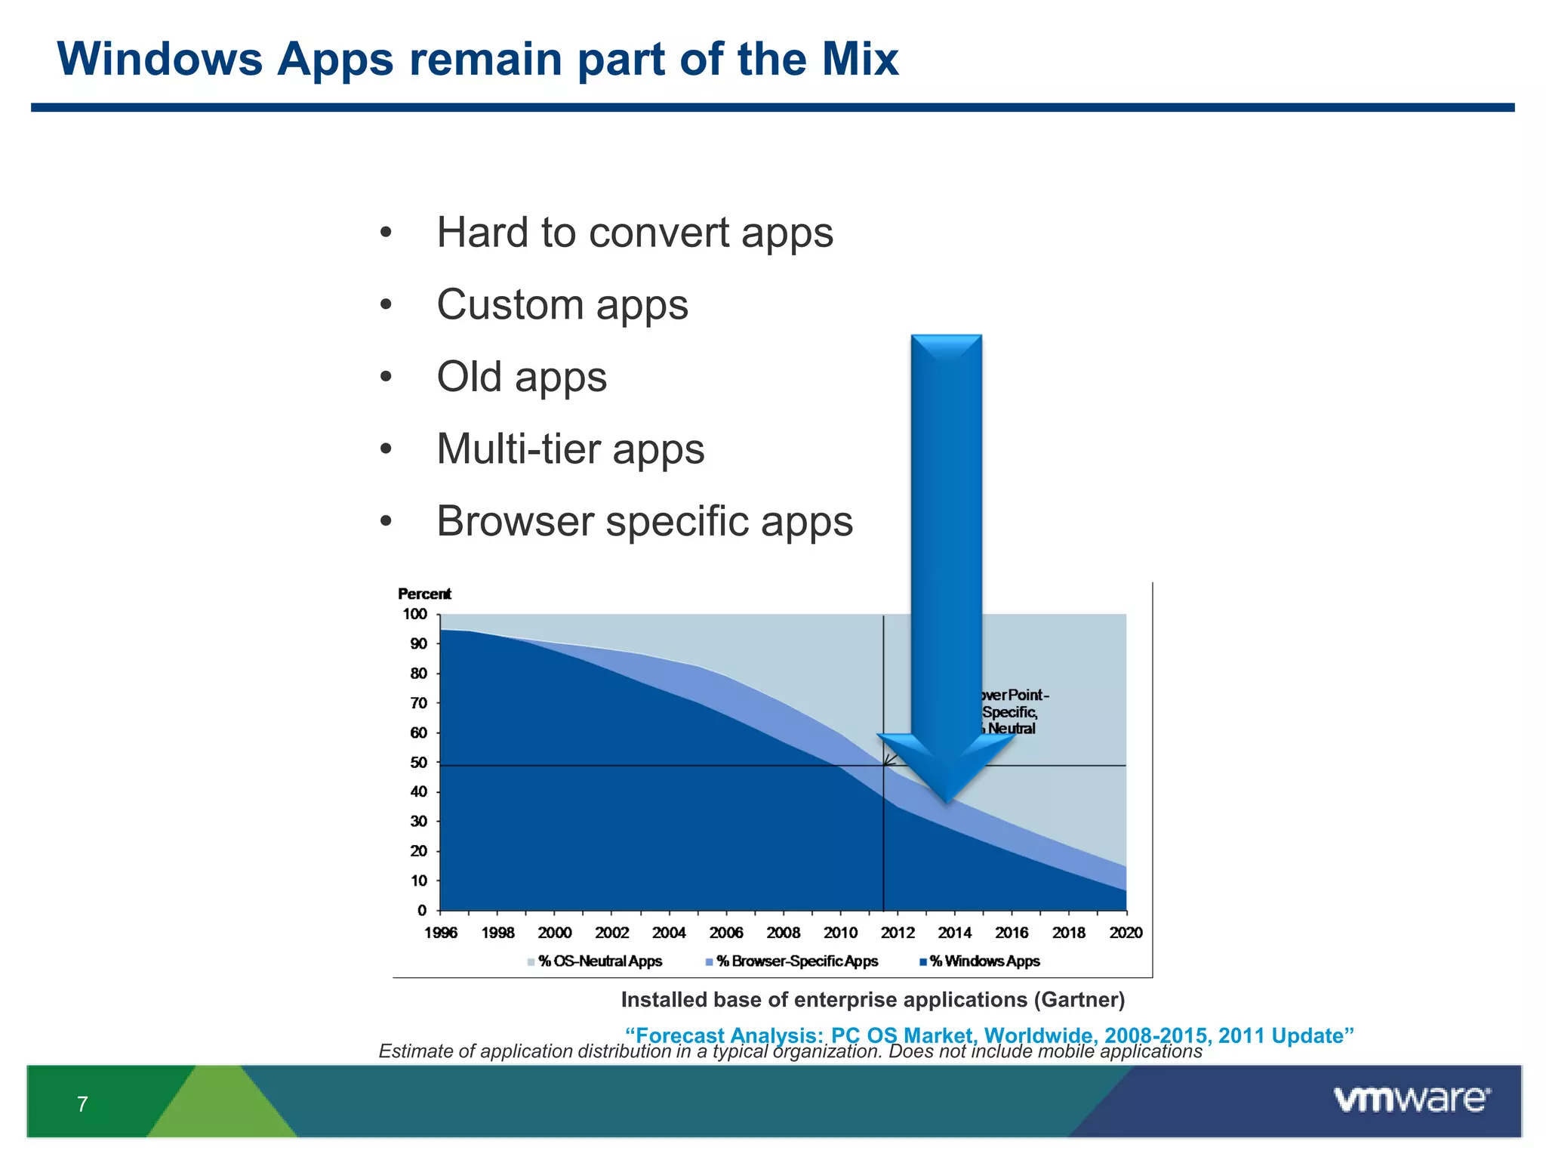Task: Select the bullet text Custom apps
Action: [x=562, y=305]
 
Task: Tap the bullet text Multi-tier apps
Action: [x=570, y=449]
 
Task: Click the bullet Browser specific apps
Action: [x=644, y=522]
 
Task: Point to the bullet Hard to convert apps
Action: [x=634, y=233]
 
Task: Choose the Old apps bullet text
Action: [x=521, y=377]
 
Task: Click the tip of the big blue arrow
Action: [x=946, y=801]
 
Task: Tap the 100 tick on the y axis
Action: [x=414, y=614]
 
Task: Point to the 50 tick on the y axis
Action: [x=418, y=763]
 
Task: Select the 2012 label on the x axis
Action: [x=898, y=933]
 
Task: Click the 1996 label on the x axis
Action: [x=440, y=933]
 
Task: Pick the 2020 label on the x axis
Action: [x=1126, y=933]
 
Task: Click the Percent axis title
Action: [x=424, y=594]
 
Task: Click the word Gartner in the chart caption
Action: [x=1078, y=1000]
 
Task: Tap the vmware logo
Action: [x=1411, y=1100]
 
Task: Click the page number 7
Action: [x=82, y=1104]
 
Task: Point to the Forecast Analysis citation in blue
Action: [x=989, y=1034]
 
